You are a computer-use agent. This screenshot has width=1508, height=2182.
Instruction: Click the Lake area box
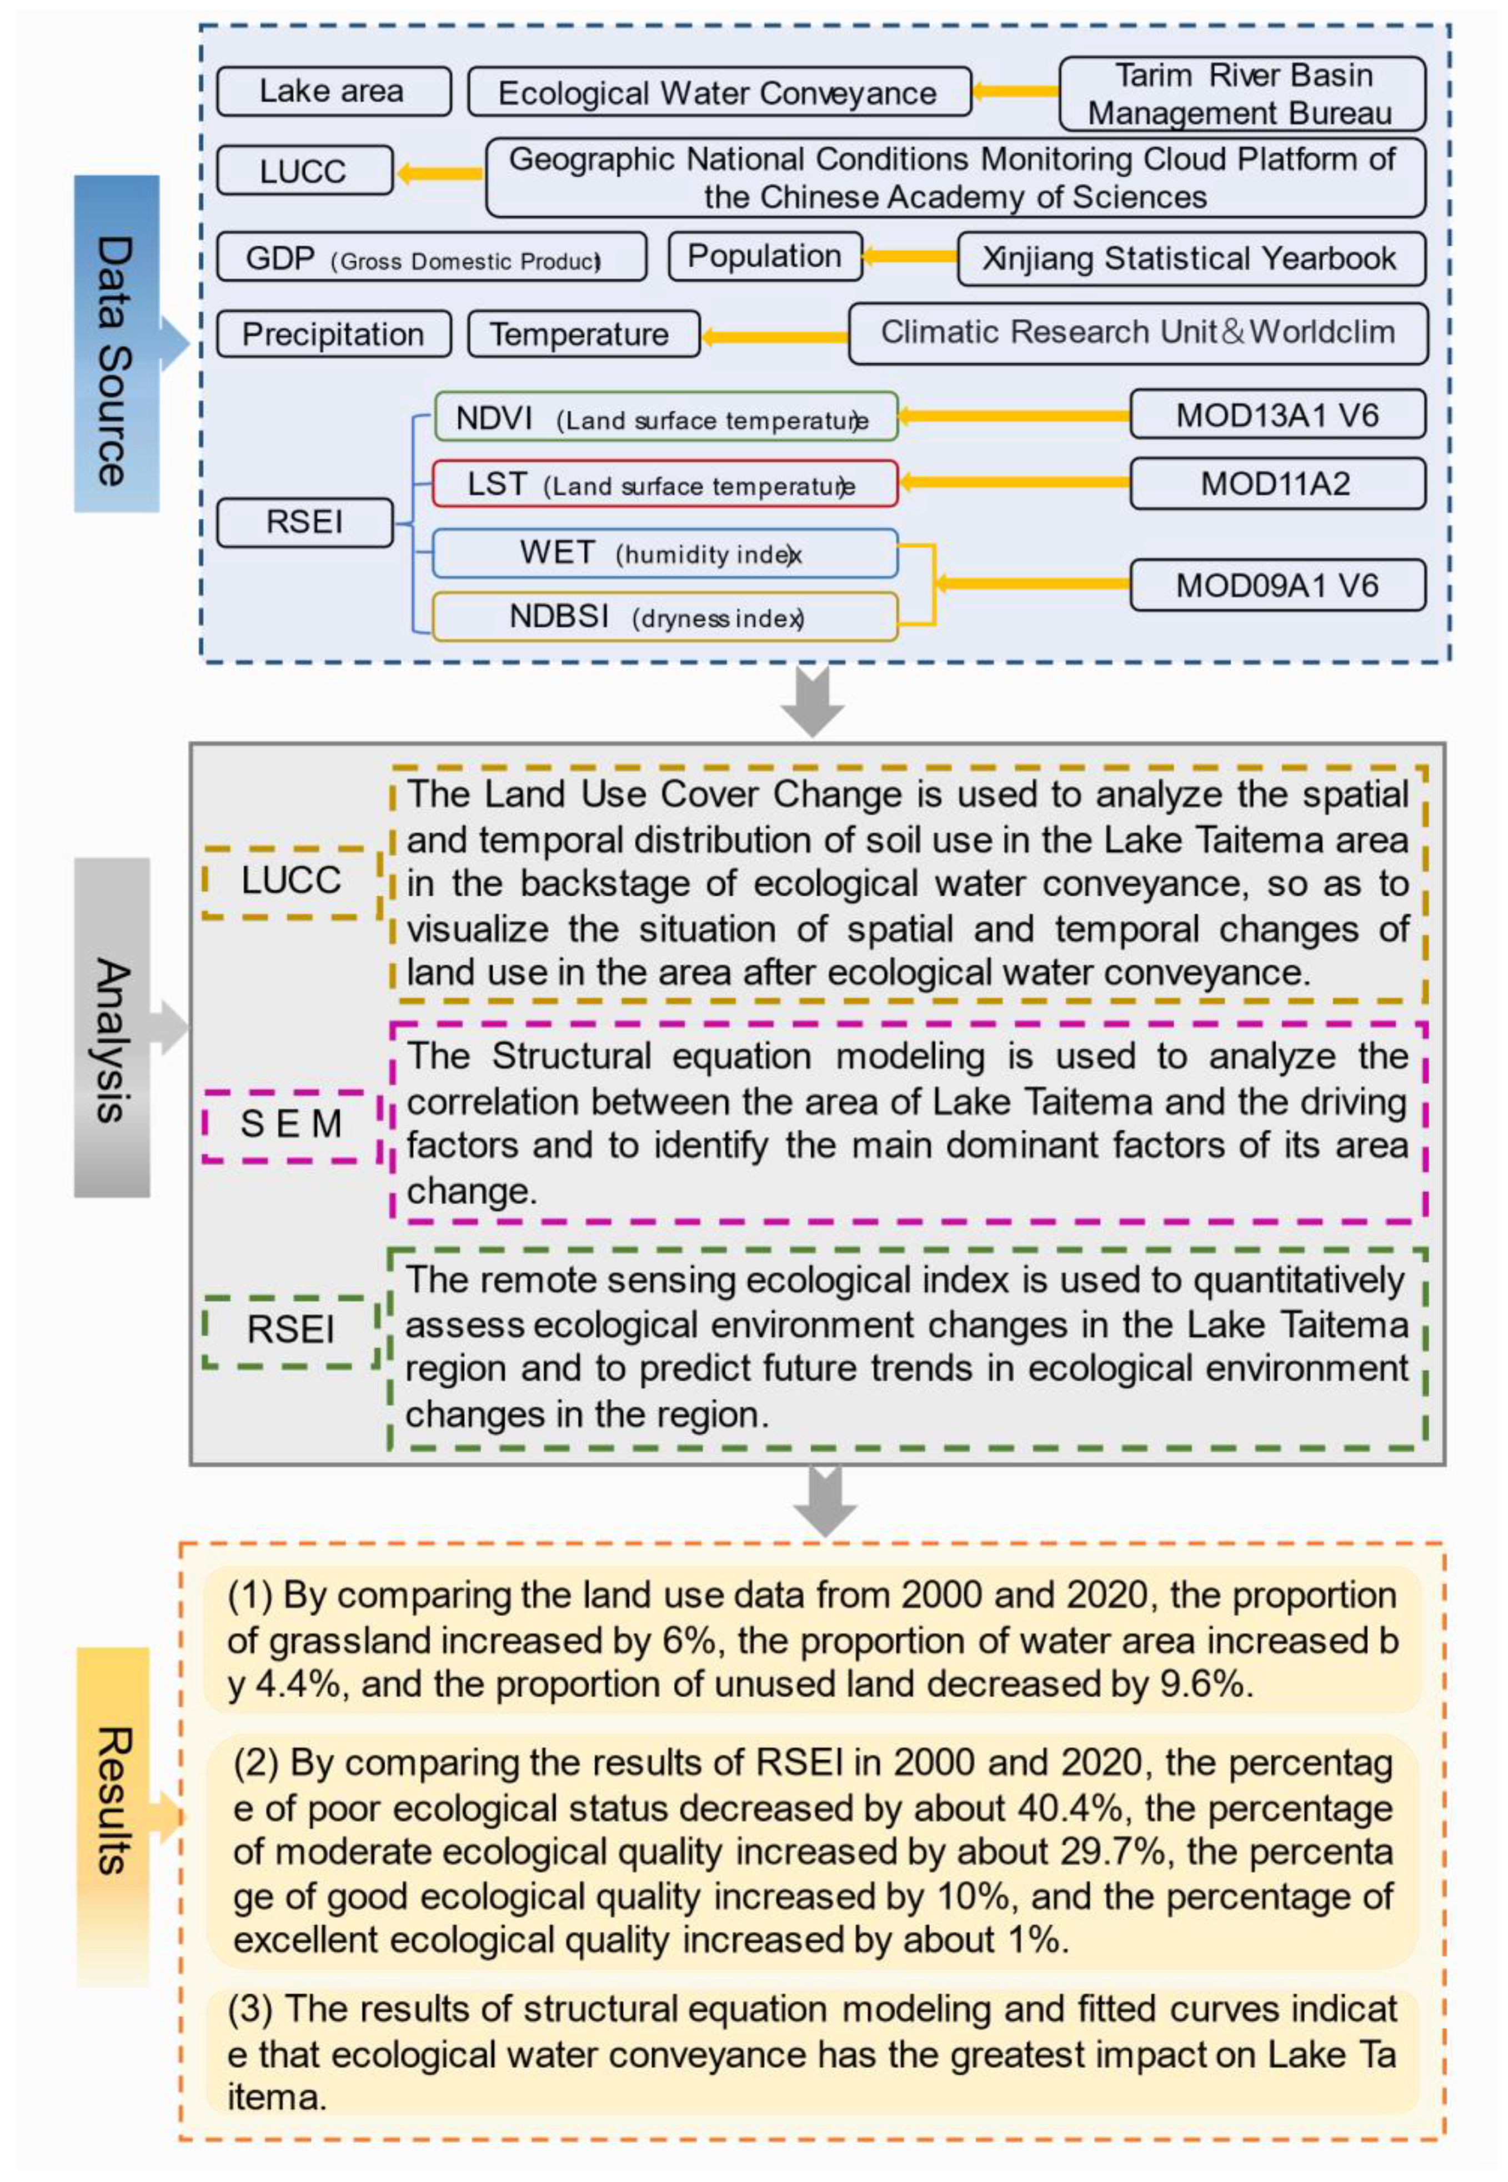coord(333,92)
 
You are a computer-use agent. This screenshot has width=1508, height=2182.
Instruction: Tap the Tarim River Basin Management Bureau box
coord(1241,93)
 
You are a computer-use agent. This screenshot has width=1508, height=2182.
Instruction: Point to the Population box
coord(764,256)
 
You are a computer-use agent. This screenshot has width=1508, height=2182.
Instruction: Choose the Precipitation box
coord(333,334)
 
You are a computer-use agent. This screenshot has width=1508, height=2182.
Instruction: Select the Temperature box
coord(583,334)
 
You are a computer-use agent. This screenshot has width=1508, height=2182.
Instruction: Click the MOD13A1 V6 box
coord(1276,415)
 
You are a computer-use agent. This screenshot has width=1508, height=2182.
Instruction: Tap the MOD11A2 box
coord(1276,484)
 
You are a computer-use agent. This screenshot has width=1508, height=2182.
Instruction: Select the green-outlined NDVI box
coord(664,417)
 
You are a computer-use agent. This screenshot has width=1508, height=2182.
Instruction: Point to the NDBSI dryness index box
coord(664,617)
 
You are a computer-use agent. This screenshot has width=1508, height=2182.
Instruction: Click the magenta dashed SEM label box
coord(291,1124)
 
